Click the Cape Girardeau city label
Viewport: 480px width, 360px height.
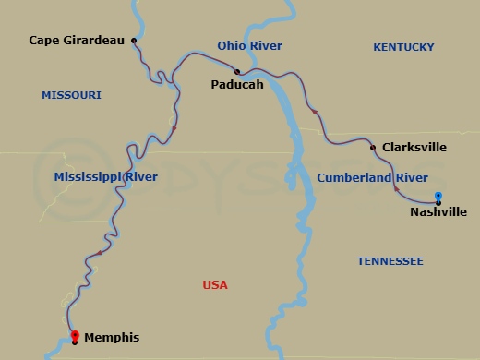click(x=77, y=41)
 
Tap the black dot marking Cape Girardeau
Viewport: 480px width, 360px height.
click(x=135, y=41)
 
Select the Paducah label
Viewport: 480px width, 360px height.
click(x=236, y=85)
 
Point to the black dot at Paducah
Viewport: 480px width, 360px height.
click(x=237, y=71)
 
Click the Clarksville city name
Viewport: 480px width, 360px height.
click(x=414, y=147)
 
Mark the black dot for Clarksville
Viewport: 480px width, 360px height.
click(x=372, y=148)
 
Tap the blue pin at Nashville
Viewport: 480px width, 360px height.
click(x=438, y=196)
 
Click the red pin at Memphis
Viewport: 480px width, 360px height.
click(x=75, y=335)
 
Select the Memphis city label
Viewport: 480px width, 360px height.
click(x=112, y=338)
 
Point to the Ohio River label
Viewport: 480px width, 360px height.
click(x=249, y=46)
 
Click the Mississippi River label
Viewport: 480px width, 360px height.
click(x=105, y=176)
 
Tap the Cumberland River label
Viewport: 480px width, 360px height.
click(x=372, y=176)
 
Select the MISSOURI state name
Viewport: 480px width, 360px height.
click(x=71, y=95)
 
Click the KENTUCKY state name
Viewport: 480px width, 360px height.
click(x=403, y=47)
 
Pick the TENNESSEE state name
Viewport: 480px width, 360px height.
click(x=390, y=262)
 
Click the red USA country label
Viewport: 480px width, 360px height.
click(x=214, y=285)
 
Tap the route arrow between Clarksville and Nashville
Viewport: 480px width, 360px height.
click(x=397, y=188)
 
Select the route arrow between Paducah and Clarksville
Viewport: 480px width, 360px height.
click(x=315, y=112)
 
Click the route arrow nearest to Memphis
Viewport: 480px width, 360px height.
click(x=99, y=253)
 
